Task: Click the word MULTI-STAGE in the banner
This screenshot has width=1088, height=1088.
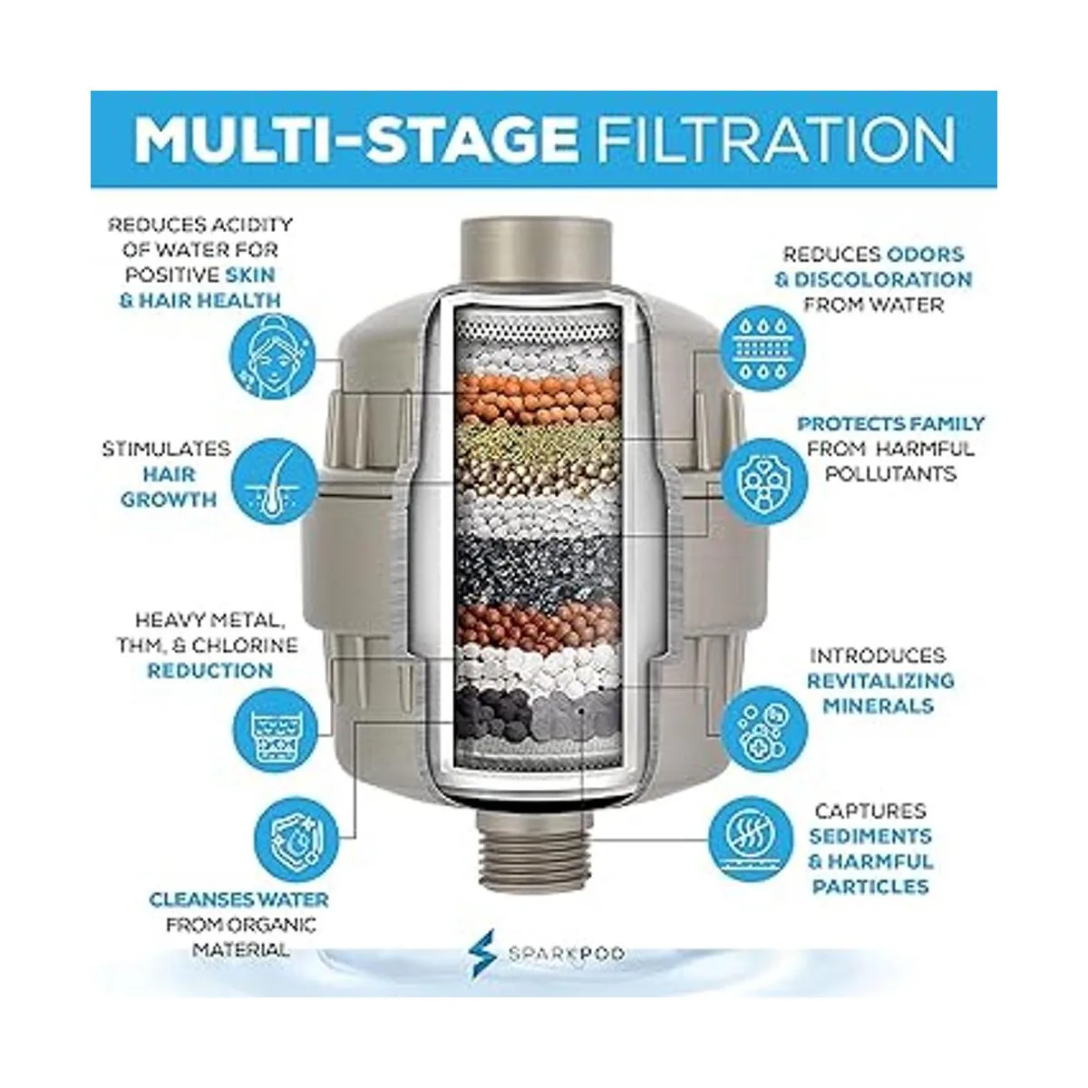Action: [355, 140]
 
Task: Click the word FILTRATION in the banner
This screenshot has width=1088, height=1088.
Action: [774, 140]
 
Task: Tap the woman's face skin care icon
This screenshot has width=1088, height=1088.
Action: [273, 357]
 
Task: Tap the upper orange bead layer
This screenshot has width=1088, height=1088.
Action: [538, 399]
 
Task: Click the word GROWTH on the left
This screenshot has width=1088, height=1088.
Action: [169, 500]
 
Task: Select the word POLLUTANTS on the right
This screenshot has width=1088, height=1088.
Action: [891, 474]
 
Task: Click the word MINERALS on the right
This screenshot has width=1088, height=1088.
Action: [879, 705]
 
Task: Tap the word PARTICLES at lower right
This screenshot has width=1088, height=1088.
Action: [870, 887]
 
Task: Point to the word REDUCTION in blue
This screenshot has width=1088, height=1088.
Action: [210, 671]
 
